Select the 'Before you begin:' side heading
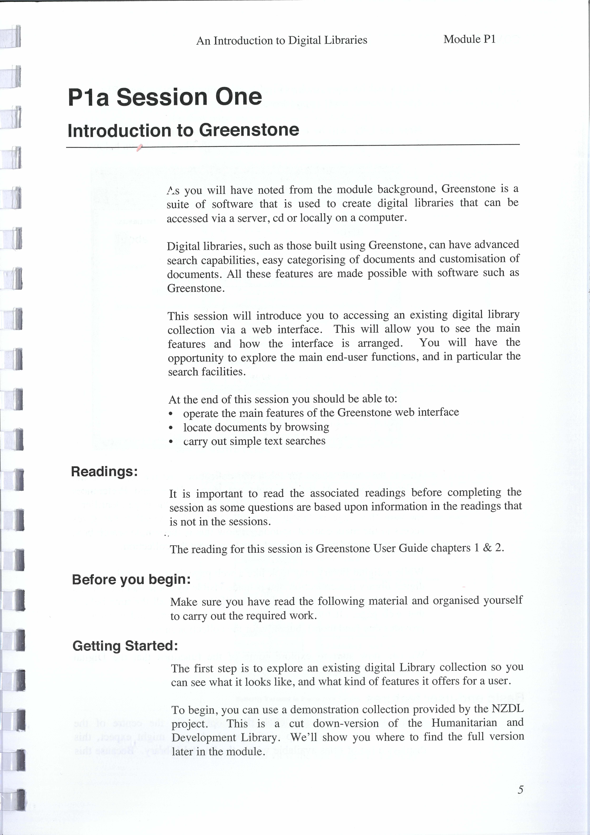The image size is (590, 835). click(x=131, y=579)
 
